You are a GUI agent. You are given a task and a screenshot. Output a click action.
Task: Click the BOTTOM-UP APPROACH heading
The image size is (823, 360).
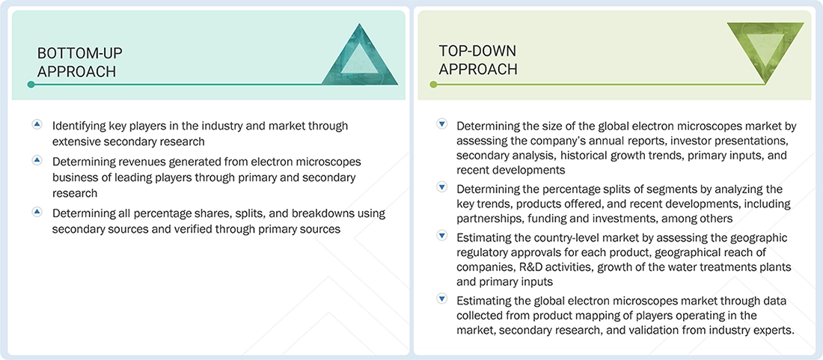coord(80,62)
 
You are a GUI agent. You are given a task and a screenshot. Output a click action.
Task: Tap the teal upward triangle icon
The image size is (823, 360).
coord(360,54)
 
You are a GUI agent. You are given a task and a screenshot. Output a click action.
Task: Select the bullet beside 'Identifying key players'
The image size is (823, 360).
coord(37,125)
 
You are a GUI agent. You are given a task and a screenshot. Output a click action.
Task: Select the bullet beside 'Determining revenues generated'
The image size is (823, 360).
coord(37,160)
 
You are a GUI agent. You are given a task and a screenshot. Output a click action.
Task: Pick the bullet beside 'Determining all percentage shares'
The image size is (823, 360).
coord(37,212)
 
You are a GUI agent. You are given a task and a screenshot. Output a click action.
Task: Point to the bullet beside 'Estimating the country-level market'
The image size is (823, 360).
coord(442,236)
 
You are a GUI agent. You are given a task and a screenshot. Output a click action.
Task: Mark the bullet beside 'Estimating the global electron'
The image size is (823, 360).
coord(442,299)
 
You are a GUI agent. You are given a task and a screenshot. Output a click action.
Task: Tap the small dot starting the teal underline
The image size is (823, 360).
coord(31,85)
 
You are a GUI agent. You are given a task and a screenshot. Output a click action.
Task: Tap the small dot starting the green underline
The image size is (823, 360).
coord(433,85)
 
